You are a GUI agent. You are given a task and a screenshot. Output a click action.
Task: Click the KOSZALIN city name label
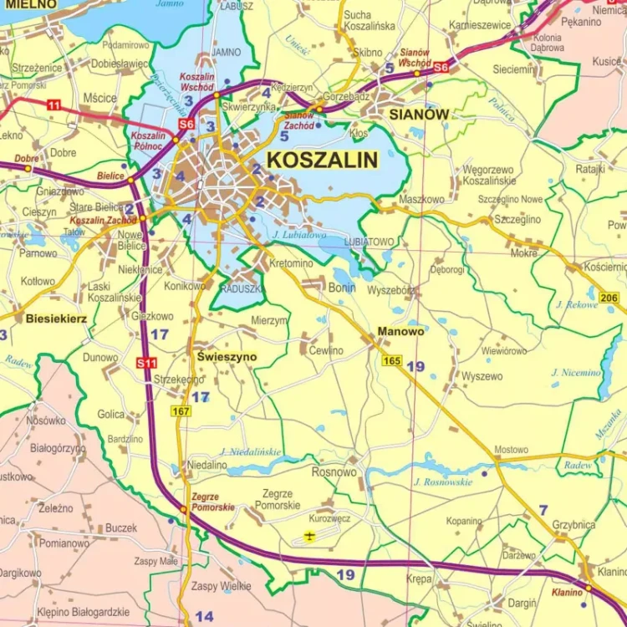[322, 159]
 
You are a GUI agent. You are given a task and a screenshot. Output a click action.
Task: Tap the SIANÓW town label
[414, 114]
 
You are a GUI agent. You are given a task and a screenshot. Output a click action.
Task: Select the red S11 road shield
[146, 363]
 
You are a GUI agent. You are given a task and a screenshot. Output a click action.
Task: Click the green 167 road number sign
[181, 410]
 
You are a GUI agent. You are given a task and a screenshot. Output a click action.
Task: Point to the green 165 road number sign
[392, 360]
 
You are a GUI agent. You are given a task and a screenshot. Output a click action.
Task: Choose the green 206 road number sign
[609, 298]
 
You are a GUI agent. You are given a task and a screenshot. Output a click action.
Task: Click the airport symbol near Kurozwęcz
[310, 536]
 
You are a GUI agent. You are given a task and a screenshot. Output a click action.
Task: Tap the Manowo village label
[400, 331]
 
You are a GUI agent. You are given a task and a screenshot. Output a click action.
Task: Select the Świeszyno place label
[227, 356]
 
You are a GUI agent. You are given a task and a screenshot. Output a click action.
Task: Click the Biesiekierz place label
[56, 319]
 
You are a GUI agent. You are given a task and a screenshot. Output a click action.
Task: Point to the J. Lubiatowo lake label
[298, 236]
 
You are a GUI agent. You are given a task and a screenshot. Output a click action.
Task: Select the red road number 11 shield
[54, 104]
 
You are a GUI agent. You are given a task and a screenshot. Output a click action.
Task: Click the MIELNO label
[28, 5]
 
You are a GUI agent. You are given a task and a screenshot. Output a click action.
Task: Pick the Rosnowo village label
[334, 472]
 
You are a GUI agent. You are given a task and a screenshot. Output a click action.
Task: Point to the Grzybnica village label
[573, 525]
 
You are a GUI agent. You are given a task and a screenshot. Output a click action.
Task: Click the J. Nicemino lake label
[576, 372]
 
